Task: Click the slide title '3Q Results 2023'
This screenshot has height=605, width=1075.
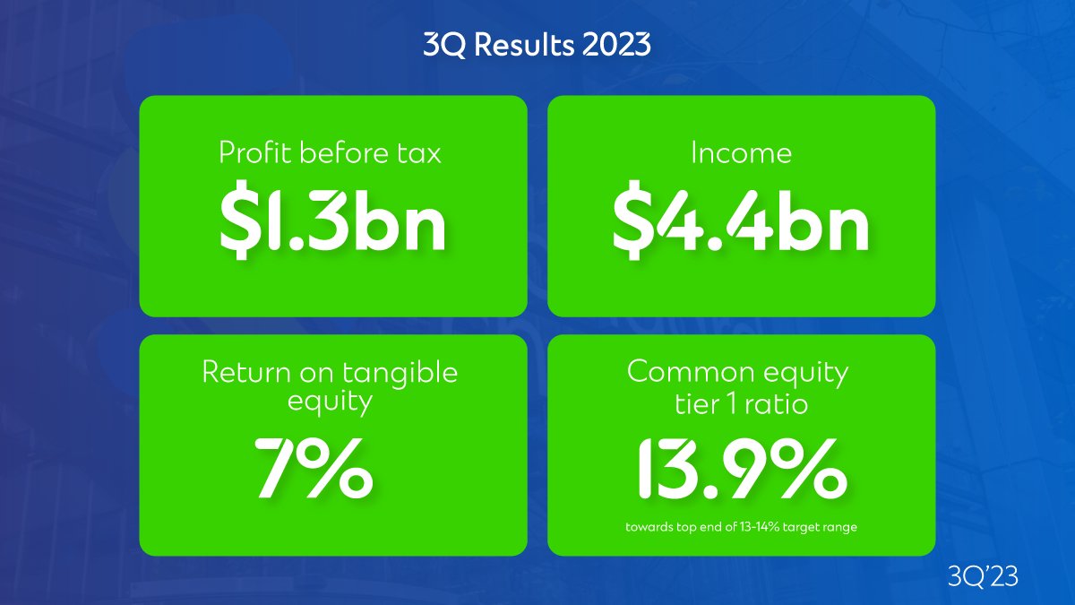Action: [537, 46]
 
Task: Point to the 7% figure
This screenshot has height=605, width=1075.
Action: [313, 467]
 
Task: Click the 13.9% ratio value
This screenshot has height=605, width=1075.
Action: [741, 468]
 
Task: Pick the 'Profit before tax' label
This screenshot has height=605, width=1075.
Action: [331, 153]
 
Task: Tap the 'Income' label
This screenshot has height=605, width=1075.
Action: [741, 153]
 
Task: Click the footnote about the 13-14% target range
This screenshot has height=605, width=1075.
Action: [741, 527]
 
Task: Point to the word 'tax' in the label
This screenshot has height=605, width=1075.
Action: [420, 153]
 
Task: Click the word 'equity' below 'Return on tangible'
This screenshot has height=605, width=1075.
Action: [330, 402]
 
